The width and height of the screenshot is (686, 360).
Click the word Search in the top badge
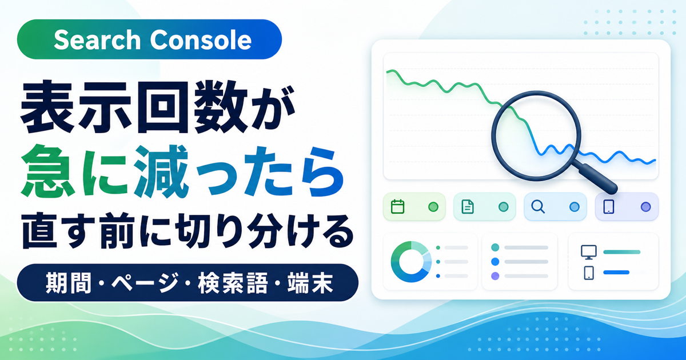click(x=97, y=40)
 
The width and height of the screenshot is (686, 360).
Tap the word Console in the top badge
click(x=201, y=40)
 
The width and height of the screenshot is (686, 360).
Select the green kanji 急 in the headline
click(x=47, y=171)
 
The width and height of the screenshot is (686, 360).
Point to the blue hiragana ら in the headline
click(x=321, y=172)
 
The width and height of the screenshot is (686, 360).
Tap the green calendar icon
click(x=397, y=207)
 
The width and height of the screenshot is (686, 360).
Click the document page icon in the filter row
click(x=468, y=207)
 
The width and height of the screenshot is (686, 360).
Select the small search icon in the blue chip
click(x=538, y=207)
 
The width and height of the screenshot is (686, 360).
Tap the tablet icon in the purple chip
click(x=608, y=207)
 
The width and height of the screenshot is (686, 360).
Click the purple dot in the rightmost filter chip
click(x=646, y=207)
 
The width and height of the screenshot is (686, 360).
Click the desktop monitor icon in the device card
click(x=589, y=252)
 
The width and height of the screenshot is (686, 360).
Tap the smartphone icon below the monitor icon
click(x=589, y=273)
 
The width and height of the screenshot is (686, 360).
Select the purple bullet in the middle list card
click(x=495, y=276)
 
